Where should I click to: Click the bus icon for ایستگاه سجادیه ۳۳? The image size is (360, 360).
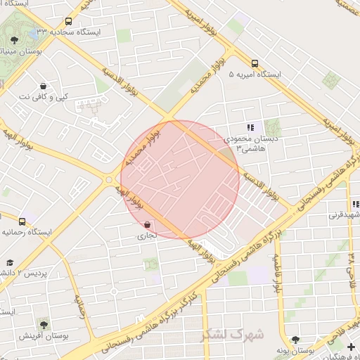pos(68,22)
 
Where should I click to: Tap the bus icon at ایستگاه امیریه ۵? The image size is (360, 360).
pos(254,63)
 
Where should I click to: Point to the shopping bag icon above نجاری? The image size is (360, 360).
pos(146,225)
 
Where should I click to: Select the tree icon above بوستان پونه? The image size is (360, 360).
pos(295,340)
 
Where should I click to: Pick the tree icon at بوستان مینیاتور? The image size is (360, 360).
pos(14,41)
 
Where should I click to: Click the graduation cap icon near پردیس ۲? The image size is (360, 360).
pos(10,262)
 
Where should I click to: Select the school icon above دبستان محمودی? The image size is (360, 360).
pos(250,127)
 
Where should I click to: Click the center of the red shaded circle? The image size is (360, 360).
pos(180,180)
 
